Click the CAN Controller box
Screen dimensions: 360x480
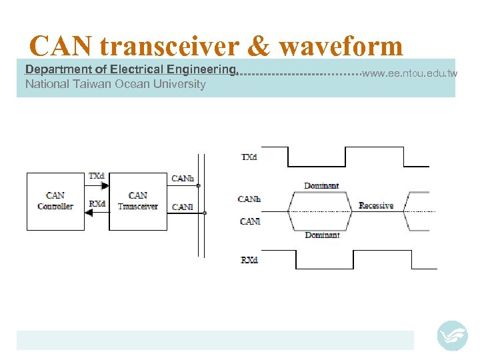(x=55, y=201)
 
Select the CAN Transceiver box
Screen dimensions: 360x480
(x=137, y=201)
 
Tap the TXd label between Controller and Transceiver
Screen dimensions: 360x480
(x=97, y=176)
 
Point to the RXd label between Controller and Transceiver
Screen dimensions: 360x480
(x=97, y=204)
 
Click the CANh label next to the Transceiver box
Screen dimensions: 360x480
(x=182, y=178)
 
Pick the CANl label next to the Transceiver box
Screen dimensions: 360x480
(x=182, y=207)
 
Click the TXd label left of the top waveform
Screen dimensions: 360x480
(x=249, y=157)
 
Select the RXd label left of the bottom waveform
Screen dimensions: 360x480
(x=249, y=259)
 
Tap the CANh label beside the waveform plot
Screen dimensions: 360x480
(x=249, y=199)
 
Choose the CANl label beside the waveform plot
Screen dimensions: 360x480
(x=249, y=221)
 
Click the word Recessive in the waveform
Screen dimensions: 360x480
(x=376, y=206)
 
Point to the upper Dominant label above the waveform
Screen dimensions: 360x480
(x=321, y=185)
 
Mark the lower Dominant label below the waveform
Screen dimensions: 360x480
(x=321, y=235)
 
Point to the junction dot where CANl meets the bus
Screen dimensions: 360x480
(x=205, y=213)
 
